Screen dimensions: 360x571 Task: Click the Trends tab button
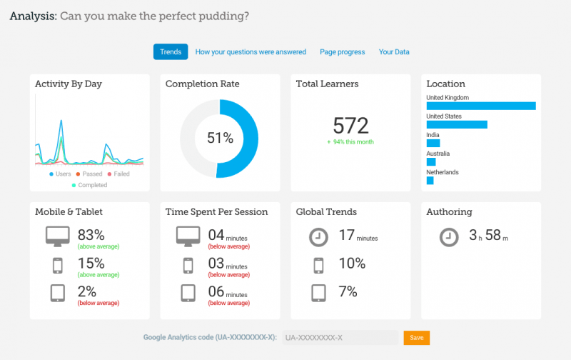coord(171,52)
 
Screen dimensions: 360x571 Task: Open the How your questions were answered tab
coord(251,52)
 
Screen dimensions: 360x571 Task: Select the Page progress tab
coord(342,52)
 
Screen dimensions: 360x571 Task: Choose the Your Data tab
coord(394,52)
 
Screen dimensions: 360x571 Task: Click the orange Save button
coord(416,338)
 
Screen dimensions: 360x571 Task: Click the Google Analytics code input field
coord(340,338)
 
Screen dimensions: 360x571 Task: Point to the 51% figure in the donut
coord(220,139)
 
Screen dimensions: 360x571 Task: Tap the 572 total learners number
coord(350,126)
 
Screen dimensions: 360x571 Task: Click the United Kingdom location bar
coord(480,106)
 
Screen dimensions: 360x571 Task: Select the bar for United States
coord(456,124)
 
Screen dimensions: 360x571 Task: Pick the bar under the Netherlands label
coord(430,181)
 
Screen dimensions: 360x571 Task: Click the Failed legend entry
coord(118,174)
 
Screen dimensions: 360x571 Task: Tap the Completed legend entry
coord(90,185)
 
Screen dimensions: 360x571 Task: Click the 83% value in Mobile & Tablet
coord(91,234)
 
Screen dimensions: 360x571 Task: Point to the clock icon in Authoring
coord(449,236)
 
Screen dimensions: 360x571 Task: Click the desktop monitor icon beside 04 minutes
coord(188,235)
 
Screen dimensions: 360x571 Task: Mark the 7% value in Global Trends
coord(348,291)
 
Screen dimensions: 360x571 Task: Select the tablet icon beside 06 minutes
coord(188,293)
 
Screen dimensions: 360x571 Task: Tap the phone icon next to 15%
coord(58,265)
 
